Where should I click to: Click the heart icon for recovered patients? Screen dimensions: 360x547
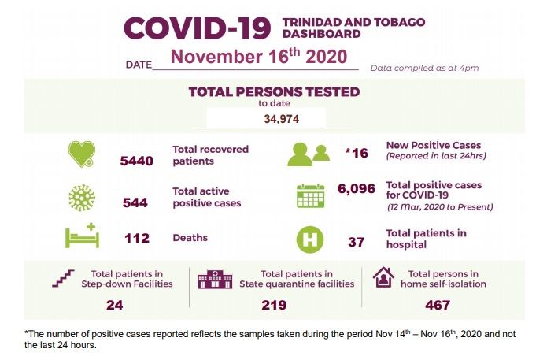tap(81, 154)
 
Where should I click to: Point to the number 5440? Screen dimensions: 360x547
tap(136, 161)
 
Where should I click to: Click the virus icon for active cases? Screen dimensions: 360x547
tap(81, 196)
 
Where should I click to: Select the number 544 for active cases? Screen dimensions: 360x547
tap(135, 202)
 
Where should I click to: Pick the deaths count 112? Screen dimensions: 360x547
tap(137, 238)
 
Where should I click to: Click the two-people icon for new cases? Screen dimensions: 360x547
tap(308, 154)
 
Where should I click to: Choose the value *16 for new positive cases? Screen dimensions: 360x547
tap(357, 152)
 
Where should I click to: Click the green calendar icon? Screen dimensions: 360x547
tap(310, 195)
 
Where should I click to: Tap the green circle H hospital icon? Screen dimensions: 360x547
tap(309, 239)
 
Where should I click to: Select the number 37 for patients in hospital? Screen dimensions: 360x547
tap(356, 242)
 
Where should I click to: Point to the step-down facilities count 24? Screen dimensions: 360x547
tap(115, 304)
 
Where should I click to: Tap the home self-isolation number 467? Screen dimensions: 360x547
tap(437, 304)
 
